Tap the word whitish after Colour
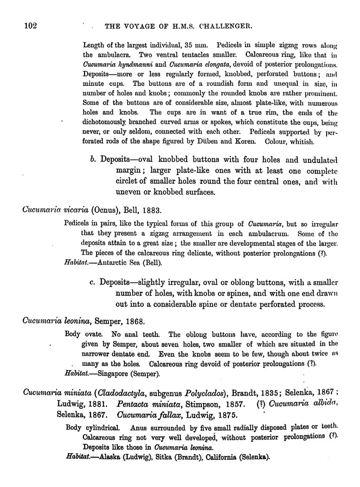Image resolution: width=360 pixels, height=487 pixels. pos(302,141)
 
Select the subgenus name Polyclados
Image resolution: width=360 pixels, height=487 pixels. pos(201,392)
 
